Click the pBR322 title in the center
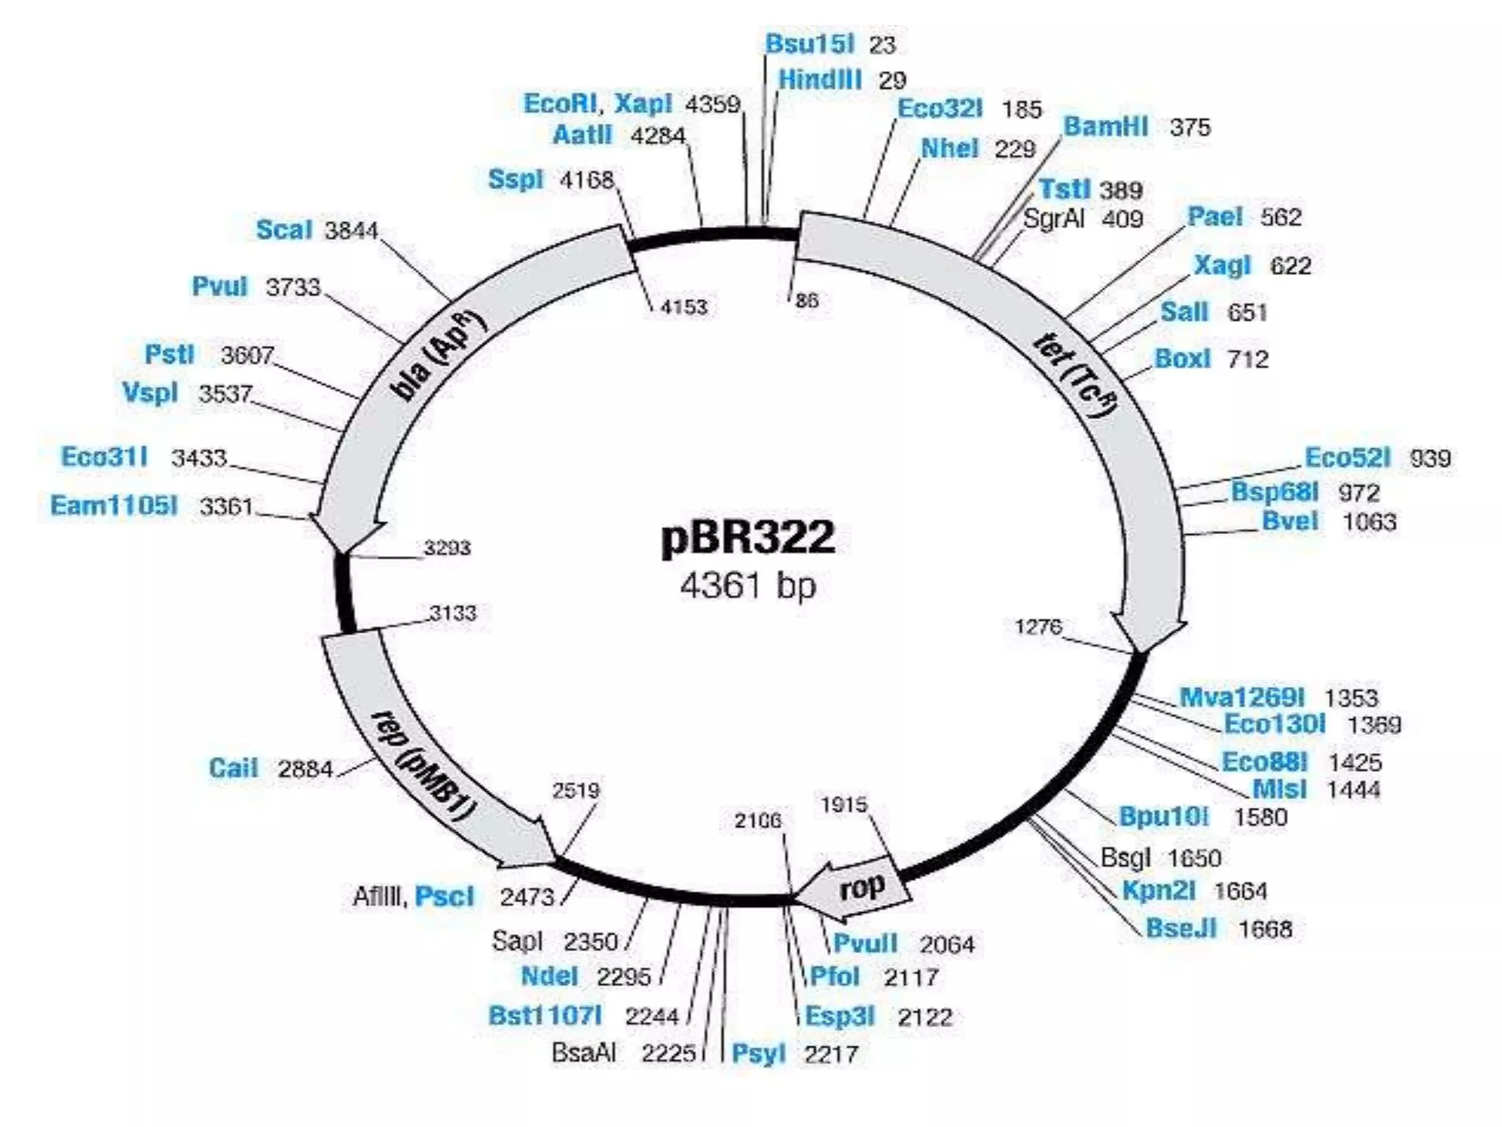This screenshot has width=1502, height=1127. pyautogui.click(x=747, y=537)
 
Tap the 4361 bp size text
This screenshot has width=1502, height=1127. pyautogui.click(x=747, y=586)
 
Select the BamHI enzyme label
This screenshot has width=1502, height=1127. pyautogui.click(x=1105, y=126)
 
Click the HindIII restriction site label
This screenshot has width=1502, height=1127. pyautogui.click(x=819, y=79)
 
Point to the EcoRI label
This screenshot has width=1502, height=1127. pyautogui.click(x=560, y=103)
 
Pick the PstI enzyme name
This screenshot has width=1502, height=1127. pyautogui.click(x=169, y=354)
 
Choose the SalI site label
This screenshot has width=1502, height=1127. pyautogui.click(x=1184, y=312)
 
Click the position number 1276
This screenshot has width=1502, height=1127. pyautogui.click(x=1038, y=627)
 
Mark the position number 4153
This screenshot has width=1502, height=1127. pyautogui.click(x=684, y=306)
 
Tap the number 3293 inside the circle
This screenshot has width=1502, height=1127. pyautogui.click(x=447, y=547)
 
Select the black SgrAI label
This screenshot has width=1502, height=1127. pyautogui.click(x=1053, y=219)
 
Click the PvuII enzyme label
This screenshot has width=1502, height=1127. pyautogui.click(x=865, y=943)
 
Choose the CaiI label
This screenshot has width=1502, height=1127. pyautogui.click(x=233, y=768)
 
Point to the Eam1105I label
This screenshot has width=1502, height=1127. pyautogui.click(x=114, y=506)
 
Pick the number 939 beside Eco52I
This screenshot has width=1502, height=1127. pyautogui.click(x=1430, y=458)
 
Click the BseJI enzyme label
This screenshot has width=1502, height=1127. pyautogui.click(x=1181, y=928)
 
